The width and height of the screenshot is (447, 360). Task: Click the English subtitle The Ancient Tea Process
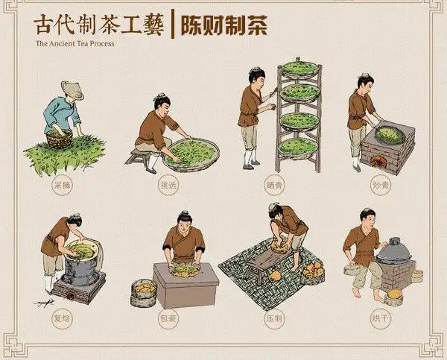pos(75,43)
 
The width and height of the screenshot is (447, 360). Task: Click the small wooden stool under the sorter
pos(137,156)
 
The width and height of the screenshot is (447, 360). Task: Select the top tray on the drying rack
pos(300,69)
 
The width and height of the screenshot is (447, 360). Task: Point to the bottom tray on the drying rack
pos(300,145)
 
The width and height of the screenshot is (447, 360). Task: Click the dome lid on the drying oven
pos(394,250)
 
